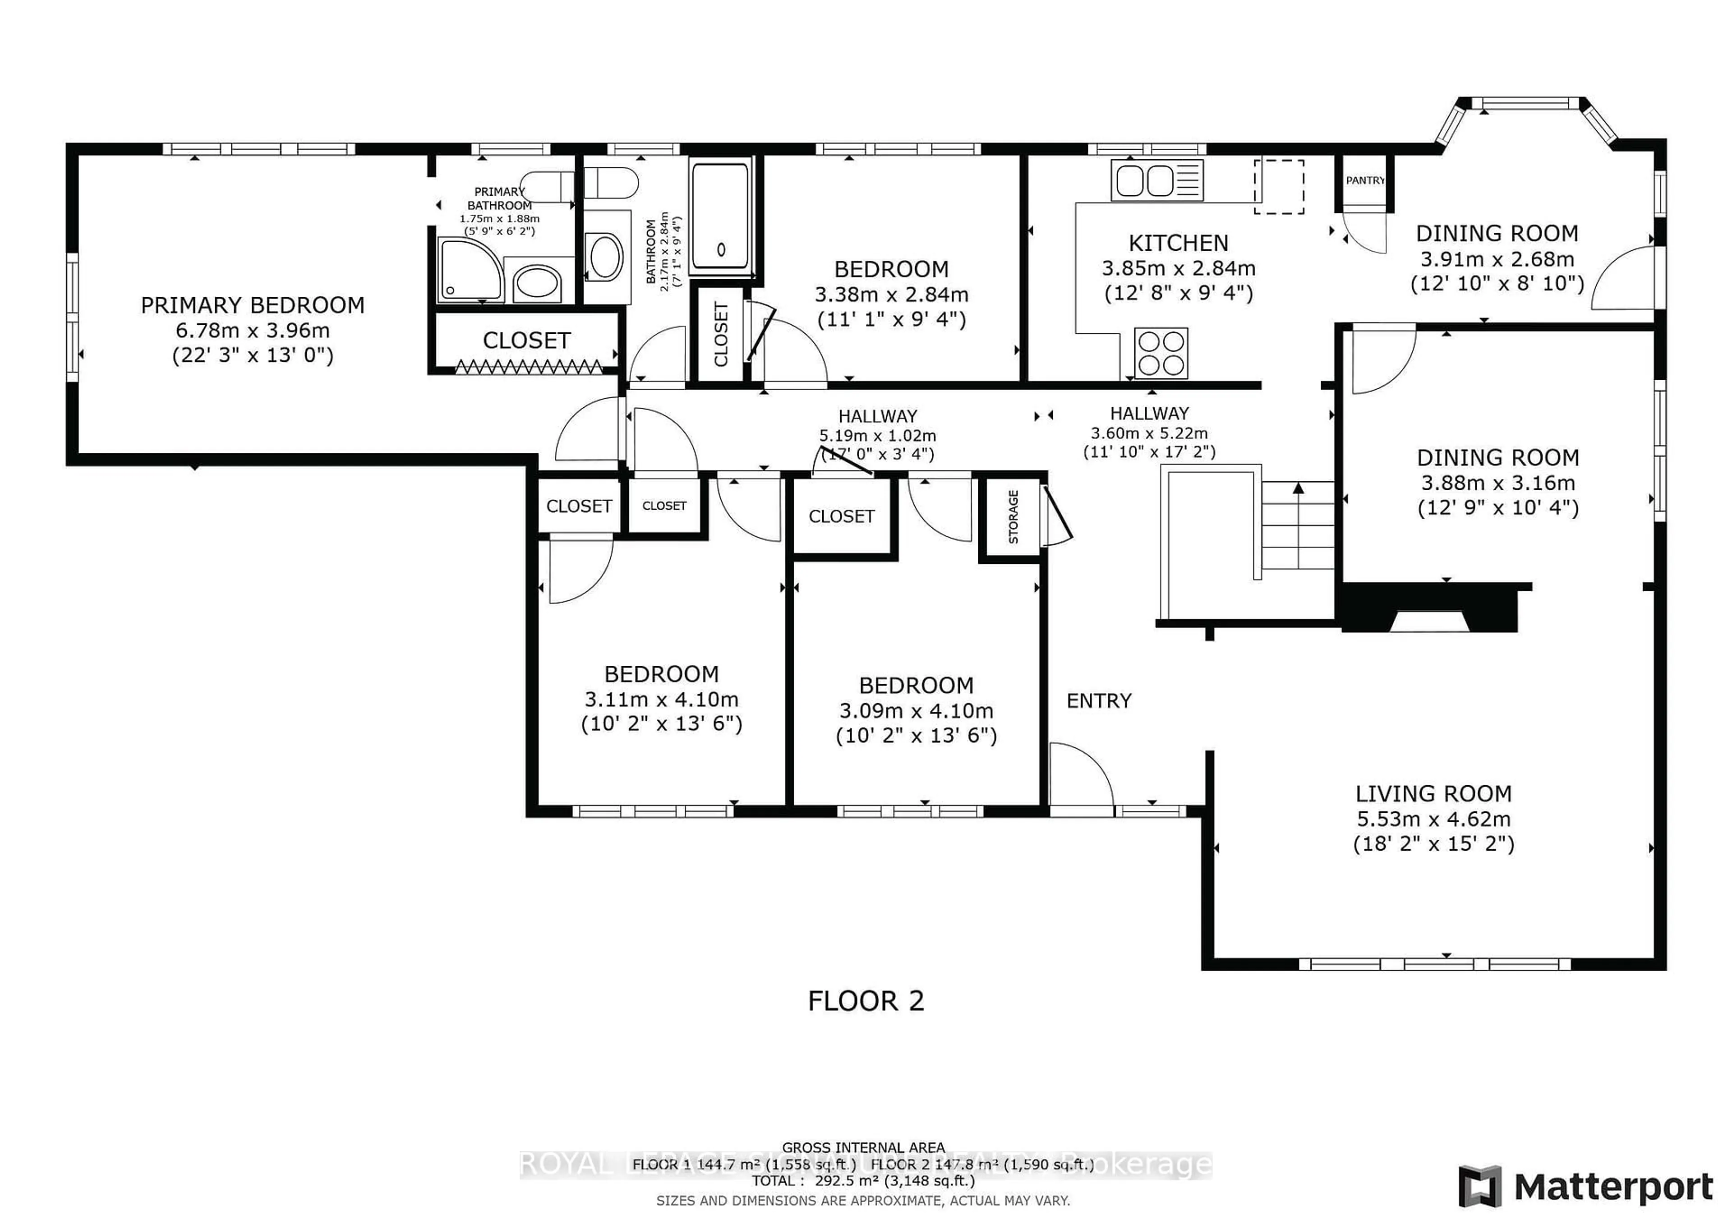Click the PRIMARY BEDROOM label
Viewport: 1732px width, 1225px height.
click(x=252, y=305)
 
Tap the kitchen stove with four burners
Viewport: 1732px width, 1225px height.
click(x=1161, y=353)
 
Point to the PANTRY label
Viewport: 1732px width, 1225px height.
click(x=1365, y=181)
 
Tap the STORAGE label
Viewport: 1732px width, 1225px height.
click(x=1013, y=517)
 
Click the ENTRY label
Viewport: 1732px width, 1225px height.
click(x=1098, y=701)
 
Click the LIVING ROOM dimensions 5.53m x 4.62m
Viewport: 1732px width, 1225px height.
click(x=1433, y=819)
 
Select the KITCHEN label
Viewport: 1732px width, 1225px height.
click(x=1178, y=244)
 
